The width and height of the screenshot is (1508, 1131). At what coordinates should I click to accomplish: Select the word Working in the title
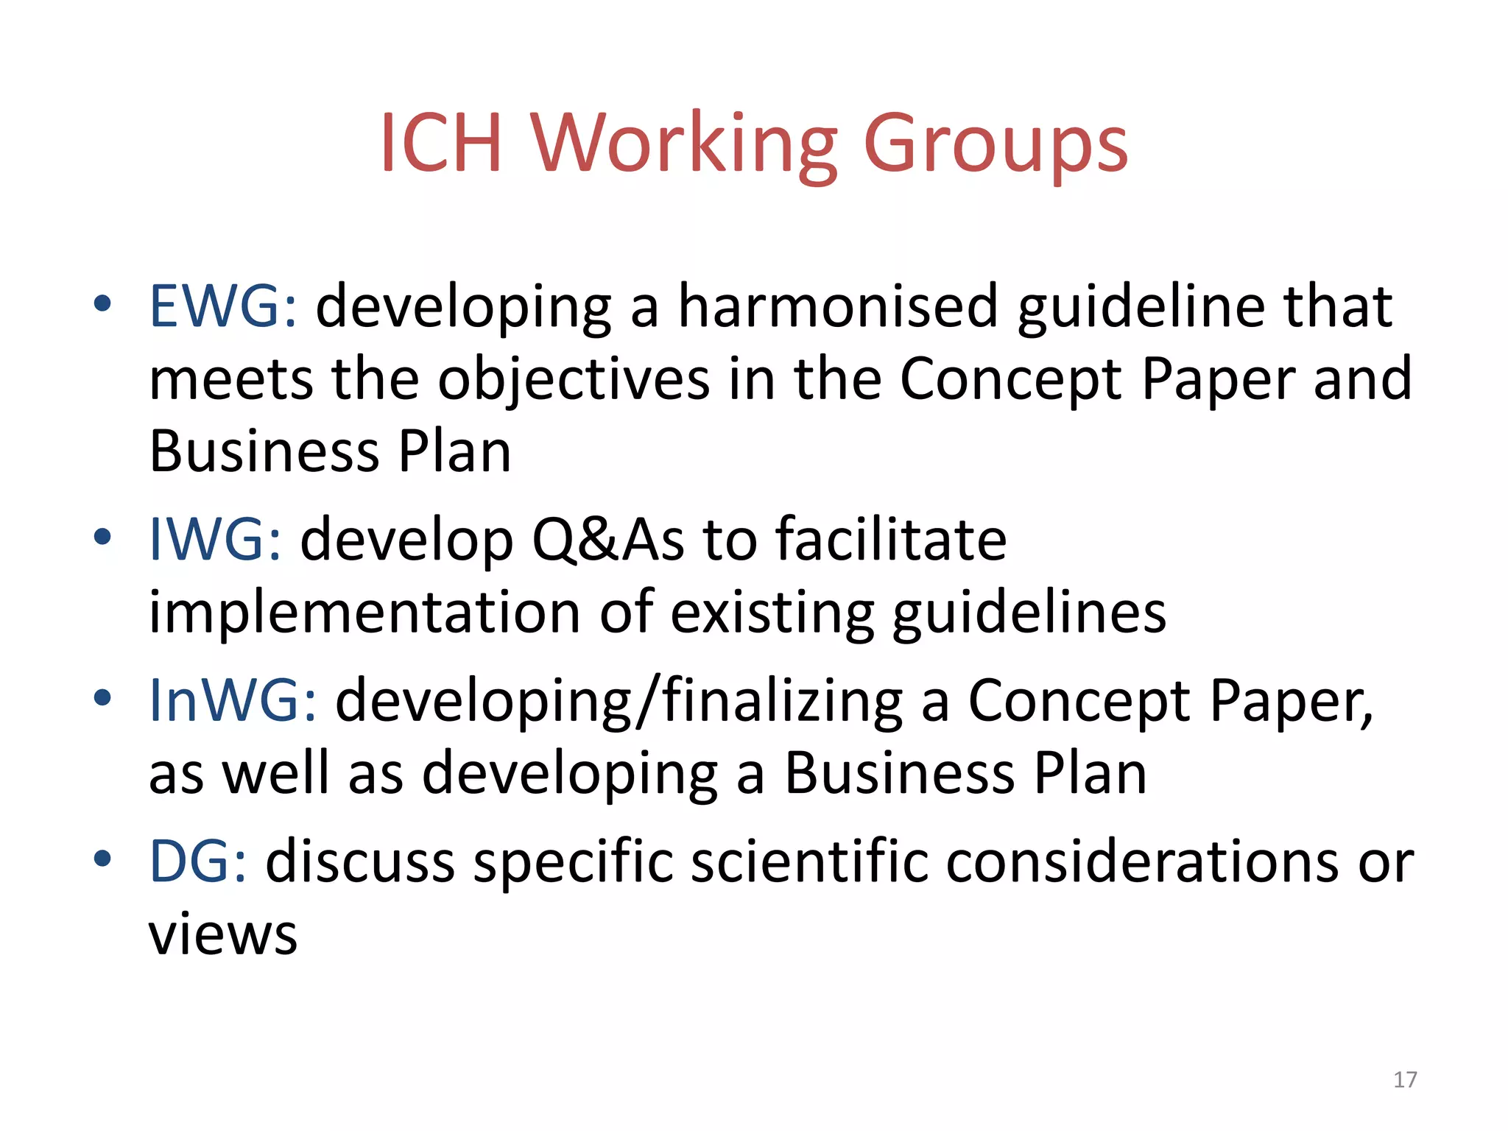pos(684,144)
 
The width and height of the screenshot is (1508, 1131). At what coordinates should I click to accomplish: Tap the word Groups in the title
pos(995,144)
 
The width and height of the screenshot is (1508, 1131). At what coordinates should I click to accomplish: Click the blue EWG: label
pos(223,306)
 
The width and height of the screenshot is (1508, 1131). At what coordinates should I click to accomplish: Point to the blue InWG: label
pos(233,700)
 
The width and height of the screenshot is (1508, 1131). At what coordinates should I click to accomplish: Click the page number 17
pos(1405,1079)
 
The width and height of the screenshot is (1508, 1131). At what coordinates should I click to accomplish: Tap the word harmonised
pos(837,306)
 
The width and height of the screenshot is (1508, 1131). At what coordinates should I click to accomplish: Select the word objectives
pos(574,381)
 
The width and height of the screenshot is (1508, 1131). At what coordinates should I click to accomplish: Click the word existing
pos(772,613)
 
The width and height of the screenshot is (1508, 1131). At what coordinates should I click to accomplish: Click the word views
pos(223,934)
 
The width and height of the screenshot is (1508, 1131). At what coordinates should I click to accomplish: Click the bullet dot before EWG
pos(102,303)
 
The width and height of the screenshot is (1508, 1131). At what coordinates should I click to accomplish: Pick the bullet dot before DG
pos(102,858)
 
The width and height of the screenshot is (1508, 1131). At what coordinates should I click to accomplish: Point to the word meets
pos(231,379)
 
